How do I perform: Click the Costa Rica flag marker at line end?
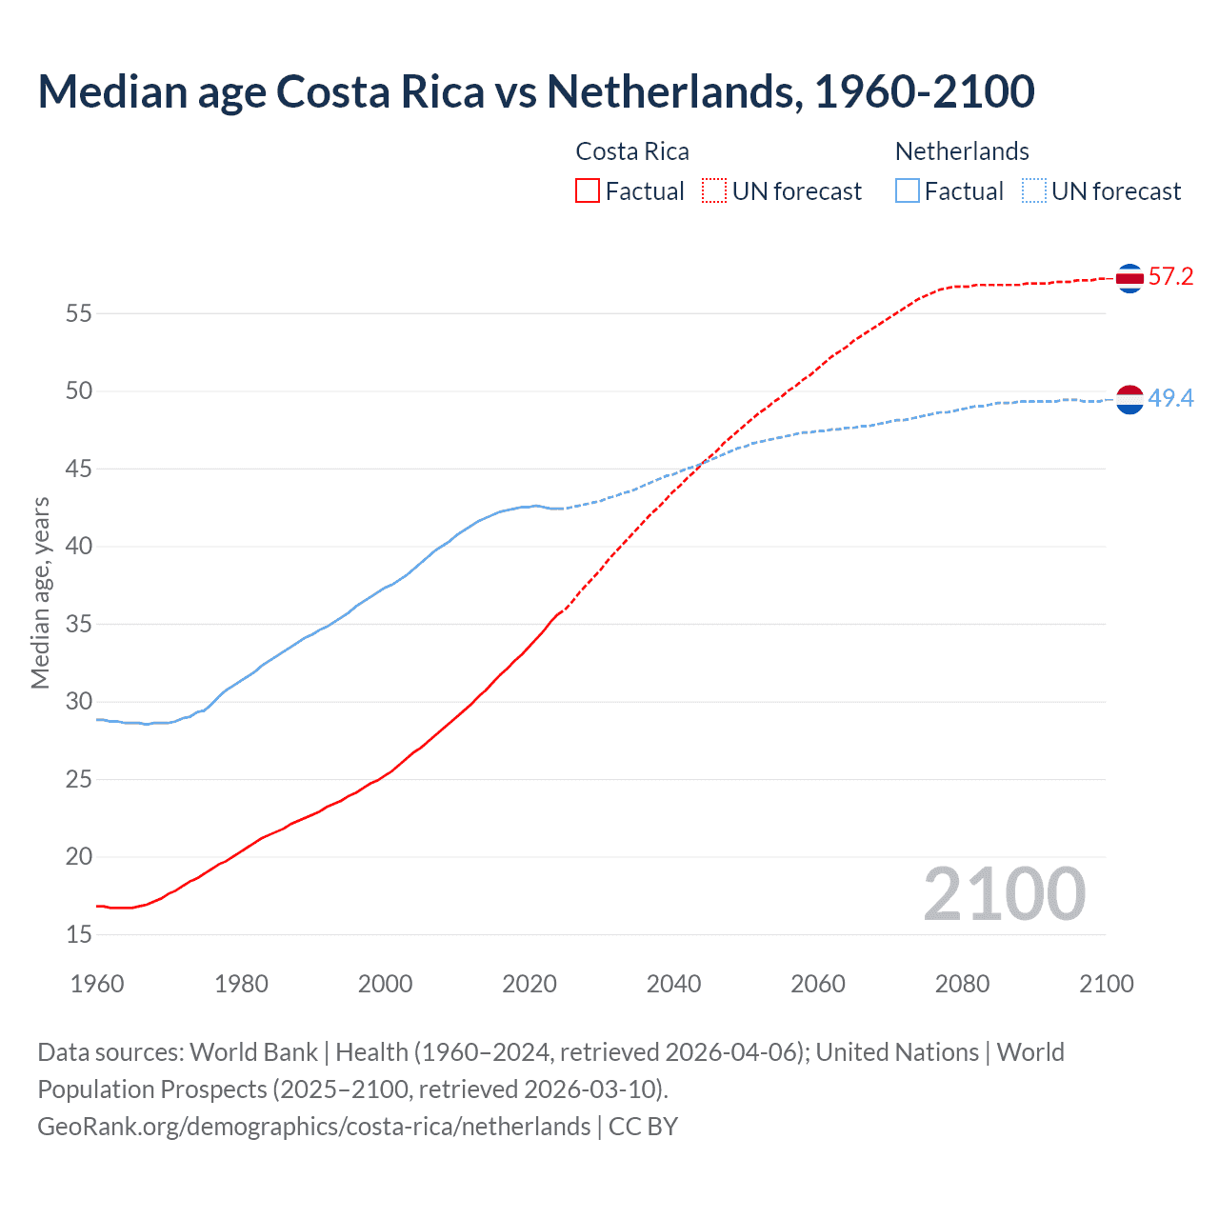[x=1129, y=278]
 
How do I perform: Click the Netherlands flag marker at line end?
[x=1129, y=399]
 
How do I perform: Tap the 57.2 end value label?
[x=1170, y=277]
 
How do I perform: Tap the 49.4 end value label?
[x=1170, y=398]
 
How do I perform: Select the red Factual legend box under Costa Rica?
[x=588, y=190]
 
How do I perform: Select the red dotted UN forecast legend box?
[x=714, y=190]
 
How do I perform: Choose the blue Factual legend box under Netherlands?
[x=908, y=190]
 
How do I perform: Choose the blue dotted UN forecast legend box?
[x=1034, y=190]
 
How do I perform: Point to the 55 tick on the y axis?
[x=79, y=313]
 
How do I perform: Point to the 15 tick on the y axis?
[x=79, y=935]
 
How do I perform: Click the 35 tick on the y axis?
[x=79, y=625]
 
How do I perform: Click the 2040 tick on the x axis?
[x=673, y=984]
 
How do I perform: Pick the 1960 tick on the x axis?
[x=97, y=984]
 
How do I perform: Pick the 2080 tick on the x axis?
[x=962, y=984]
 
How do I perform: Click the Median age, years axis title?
[x=40, y=592]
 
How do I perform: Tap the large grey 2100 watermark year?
[x=1004, y=893]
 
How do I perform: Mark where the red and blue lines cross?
[x=703, y=463]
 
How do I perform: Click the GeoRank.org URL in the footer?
[x=314, y=1127]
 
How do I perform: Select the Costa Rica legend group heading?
[x=632, y=151]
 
